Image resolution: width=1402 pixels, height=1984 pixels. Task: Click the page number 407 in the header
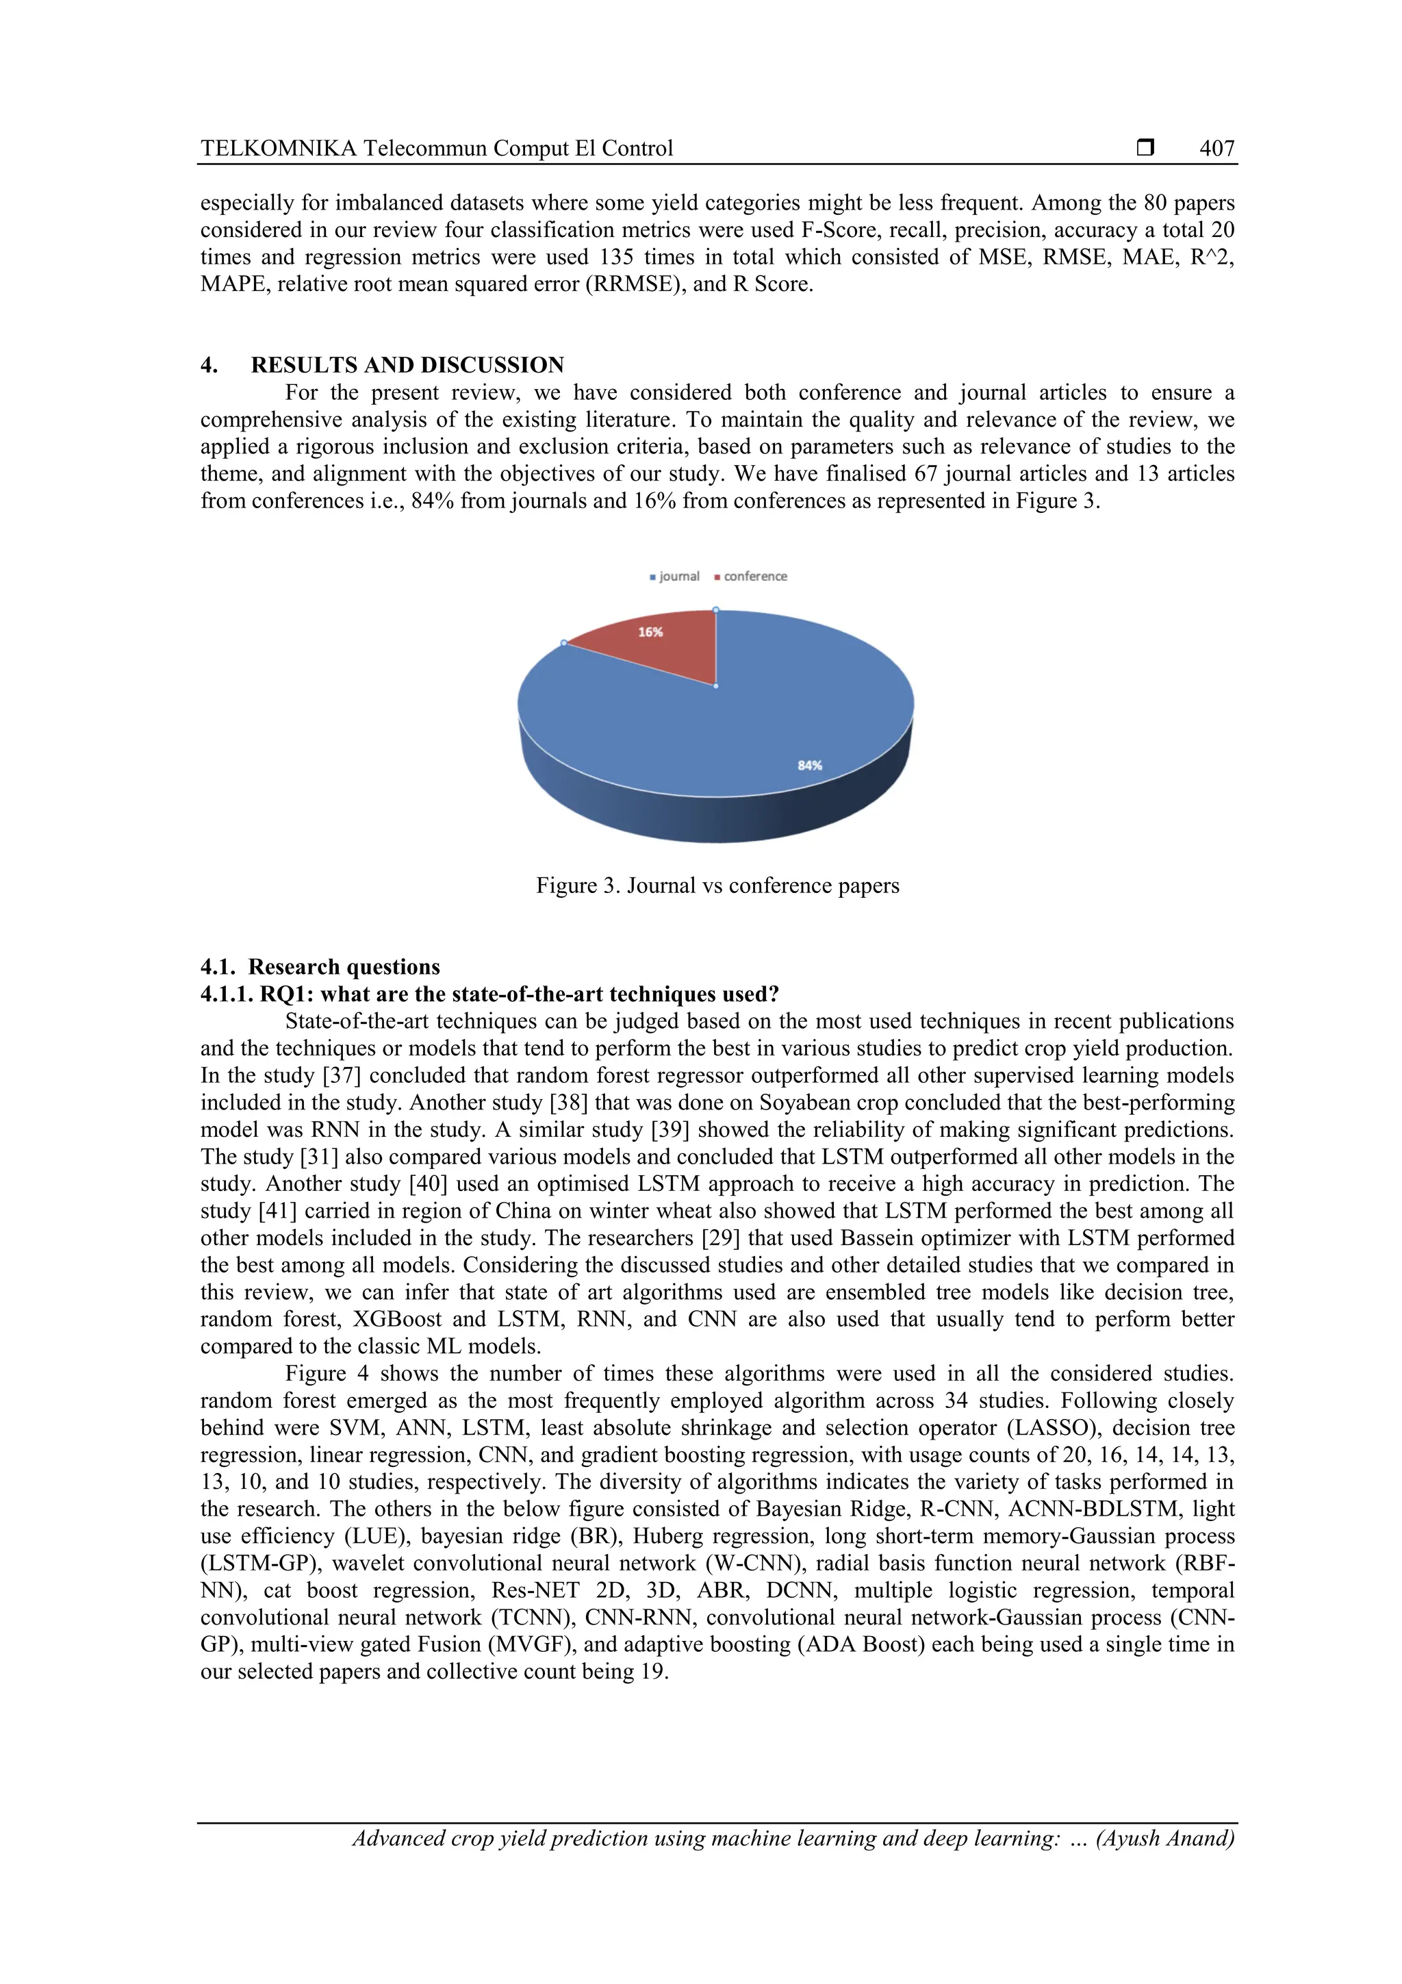click(1216, 149)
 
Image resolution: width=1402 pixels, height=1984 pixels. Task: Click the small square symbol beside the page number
click(1145, 149)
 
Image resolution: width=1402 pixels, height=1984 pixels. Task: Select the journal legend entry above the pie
click(675, 577)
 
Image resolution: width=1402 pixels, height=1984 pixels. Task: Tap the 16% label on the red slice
click(650, 633)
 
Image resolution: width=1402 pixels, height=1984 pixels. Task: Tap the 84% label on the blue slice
click(809, 765)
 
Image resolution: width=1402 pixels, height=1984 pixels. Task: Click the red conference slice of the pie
click(665, 653)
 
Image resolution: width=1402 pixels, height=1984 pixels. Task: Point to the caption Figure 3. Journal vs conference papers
click(717, 886)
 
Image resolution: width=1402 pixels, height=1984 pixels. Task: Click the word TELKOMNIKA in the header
click(278, 149)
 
